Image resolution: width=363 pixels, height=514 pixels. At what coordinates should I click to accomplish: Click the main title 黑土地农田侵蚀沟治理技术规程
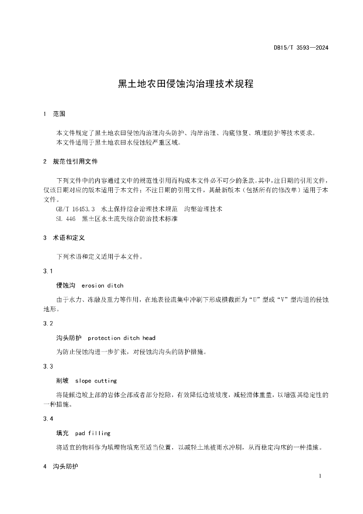coord(186,84)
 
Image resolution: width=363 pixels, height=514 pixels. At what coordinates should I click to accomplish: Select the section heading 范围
coord(59,114)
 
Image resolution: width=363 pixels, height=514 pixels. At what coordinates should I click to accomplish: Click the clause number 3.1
coord(48,271)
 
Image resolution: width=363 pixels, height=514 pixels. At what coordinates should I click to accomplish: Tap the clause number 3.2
coord(48,323)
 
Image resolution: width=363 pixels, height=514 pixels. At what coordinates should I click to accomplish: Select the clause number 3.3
coord(48,366)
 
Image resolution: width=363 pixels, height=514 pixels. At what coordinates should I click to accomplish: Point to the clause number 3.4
coord(48,419)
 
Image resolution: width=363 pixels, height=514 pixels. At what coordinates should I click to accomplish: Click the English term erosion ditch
coord(102,286)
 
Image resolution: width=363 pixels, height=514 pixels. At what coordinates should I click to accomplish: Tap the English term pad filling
coord(92,433)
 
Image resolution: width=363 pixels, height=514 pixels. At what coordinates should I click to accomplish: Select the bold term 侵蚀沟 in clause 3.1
coord(66,285)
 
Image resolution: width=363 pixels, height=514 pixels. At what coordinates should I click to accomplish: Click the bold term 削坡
coord(62,380)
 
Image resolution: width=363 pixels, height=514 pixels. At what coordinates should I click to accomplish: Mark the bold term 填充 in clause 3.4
coord(62,433)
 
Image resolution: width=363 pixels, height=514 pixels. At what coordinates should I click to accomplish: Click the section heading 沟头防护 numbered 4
coord(66,466)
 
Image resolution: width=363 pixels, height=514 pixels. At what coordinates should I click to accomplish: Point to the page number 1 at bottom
coord(319,476)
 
